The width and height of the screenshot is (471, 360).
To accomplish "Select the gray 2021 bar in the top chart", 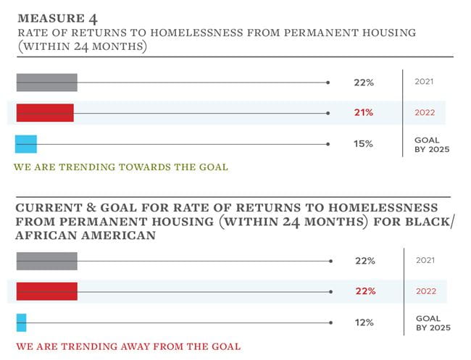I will tap(46, 83).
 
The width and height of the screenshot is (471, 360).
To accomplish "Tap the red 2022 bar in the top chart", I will tap(45, 112).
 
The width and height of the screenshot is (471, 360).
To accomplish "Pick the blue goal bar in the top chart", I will tap(26, 144).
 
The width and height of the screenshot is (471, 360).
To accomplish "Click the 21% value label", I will tap(364, 112).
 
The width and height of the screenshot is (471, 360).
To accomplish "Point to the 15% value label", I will tap(363, 144).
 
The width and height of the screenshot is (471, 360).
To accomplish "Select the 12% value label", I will tap(364, 322).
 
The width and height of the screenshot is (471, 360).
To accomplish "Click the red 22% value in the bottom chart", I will tap(365, 291).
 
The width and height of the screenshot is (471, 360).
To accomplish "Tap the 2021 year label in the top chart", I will tap(424, 82).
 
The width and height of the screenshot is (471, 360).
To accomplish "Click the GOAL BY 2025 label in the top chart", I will tap(432, 144).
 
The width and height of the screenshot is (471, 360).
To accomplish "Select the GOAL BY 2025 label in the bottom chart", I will tap(433, 323).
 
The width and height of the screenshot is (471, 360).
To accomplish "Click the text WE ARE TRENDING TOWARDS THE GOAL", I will tap(121, 167).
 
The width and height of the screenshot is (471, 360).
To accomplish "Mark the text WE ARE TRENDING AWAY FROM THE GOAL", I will tap(128, 346).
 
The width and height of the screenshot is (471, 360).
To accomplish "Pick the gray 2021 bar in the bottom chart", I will tap(46, 261).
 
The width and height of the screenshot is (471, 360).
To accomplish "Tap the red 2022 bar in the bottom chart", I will tap(46, 291).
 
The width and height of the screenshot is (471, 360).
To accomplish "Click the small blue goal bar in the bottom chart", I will tap(21, 322).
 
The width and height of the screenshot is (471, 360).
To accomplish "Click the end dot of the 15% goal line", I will tap(329, 144).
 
